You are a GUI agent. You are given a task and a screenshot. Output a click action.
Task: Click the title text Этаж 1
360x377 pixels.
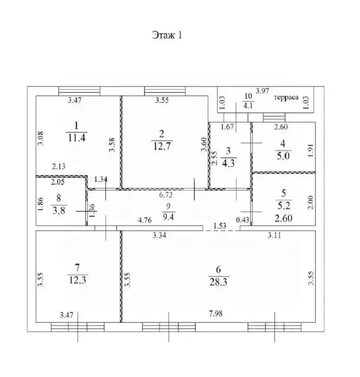[x=167, y=35]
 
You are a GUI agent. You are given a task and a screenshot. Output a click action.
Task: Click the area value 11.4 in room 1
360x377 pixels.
[x=77, y=138]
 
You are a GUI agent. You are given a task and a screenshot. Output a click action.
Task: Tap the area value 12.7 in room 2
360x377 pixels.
[x=162, y=146]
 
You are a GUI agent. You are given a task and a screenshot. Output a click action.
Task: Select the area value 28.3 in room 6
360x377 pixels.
[x=218, y=282]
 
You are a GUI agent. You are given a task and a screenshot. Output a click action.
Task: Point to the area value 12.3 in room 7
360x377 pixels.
[x=78, y=280]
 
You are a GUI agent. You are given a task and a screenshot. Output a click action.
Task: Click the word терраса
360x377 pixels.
[x=286, y=97]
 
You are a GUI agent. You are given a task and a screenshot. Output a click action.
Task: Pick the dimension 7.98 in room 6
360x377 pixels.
[x=215, y=314]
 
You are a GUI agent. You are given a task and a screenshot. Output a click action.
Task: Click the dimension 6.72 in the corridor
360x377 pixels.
[x=166, y=195]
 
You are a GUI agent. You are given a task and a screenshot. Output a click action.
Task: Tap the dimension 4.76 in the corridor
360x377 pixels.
[x=145, y=220]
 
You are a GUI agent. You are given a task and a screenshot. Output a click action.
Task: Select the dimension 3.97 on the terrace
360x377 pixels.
[x=262, y=91]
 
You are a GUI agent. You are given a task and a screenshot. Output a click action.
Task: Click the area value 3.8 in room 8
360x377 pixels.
[x=59, y=211]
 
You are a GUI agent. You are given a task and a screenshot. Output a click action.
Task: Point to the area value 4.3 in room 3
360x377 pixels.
[x=228, y=163]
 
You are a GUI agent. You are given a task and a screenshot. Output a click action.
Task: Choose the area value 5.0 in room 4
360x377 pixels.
[x=283, y=156]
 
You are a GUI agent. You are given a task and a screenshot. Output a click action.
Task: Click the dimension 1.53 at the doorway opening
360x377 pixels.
[x=220, y=226]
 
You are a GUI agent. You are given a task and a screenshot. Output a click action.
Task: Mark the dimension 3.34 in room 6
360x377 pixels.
[x=159, y=235]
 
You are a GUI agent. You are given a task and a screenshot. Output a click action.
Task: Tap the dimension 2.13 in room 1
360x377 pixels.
[x=59, y=166]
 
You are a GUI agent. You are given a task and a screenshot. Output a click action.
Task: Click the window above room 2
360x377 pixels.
[x=165, y=91]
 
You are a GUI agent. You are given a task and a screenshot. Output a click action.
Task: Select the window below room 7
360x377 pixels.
[x=78, y=327]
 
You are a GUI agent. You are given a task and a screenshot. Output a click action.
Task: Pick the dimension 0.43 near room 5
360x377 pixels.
[x=243, y=220]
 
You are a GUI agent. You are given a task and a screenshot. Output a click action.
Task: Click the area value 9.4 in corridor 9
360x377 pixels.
[x=168, y=217]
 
